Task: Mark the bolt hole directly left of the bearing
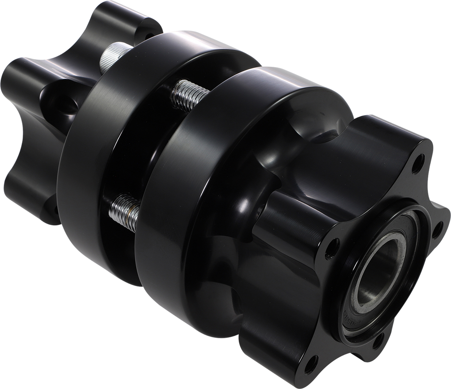click(x=335, y=245)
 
